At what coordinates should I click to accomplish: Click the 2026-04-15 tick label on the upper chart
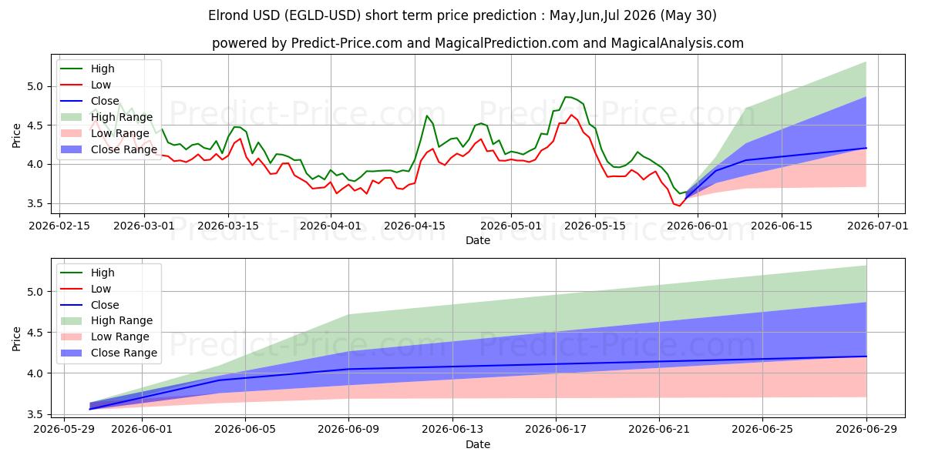415,226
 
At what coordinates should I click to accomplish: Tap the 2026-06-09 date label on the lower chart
348,430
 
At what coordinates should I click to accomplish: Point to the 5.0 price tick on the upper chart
35,86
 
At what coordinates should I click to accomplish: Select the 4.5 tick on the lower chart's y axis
35,333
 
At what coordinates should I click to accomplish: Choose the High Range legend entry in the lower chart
106,320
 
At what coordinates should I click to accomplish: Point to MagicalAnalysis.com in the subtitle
678,43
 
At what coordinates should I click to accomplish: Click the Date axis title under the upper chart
478,240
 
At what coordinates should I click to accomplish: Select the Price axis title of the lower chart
16,339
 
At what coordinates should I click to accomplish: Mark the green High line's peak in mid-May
566,97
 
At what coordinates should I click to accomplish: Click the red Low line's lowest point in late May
680,206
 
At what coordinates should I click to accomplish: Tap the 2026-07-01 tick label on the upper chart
878,226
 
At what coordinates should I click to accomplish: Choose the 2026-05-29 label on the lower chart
64,430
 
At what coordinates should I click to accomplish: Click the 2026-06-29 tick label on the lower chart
866,430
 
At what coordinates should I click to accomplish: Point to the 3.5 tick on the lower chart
35,414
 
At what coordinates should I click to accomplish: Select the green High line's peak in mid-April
427,115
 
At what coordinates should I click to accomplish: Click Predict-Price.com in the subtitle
346,43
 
